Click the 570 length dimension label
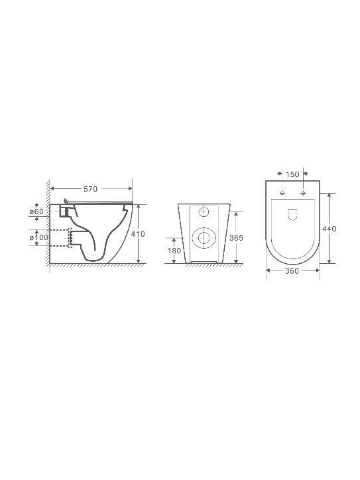click(x=90, y=189)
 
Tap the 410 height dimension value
click(x=138, y=234)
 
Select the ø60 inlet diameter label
click(x=36, y=211)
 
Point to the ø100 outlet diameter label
click(x=39, y=237)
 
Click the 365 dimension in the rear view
click(x=236, y=238)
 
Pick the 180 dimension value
click(x=174, y=251)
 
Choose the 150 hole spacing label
click(x=292, y=174)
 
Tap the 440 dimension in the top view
click(x=329, y=229)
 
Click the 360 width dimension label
click(x=292, y=271)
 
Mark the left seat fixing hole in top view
click(x=282, y=193)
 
